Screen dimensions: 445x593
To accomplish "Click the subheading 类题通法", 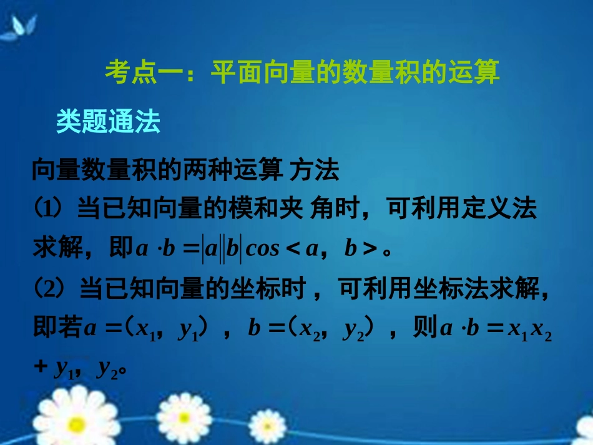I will [x=108, y=122].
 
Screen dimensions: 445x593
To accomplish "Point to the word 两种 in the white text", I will [x=197, y=170].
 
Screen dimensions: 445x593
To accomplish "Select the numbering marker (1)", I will [x=49, y=209].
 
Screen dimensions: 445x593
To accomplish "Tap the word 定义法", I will [x=497, y=209].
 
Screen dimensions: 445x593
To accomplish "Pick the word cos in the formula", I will [x=262, y=249].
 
